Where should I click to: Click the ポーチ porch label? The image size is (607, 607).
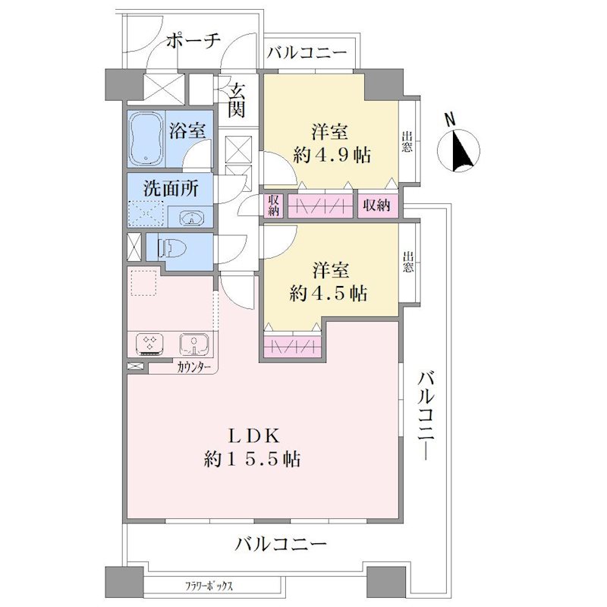coord(193,41)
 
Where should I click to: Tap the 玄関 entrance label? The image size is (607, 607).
coord(236,101)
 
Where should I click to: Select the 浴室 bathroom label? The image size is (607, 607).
coord(187,131)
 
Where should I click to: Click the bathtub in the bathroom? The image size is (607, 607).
coord(146,139)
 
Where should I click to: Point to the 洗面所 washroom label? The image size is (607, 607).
coord(171,188)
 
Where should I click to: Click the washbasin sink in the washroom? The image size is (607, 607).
coord(191,218)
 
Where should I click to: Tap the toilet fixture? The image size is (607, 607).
coord(171,248)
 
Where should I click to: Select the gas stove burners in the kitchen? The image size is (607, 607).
coord(149,344)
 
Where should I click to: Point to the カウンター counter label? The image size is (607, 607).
coord(194,367)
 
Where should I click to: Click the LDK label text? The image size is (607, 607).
coord(253,437)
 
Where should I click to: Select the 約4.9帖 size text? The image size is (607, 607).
coord(332,156)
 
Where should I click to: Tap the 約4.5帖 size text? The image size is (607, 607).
coord(329,294)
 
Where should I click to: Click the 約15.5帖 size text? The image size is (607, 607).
coord(253,460)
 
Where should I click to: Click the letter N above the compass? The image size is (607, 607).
coord(450,120)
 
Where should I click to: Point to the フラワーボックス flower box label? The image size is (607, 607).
coord(209,586)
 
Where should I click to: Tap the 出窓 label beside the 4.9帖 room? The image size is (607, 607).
coord(407,142)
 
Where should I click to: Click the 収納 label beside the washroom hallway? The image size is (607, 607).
coord(273,204)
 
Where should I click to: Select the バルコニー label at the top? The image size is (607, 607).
coord(307,52)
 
